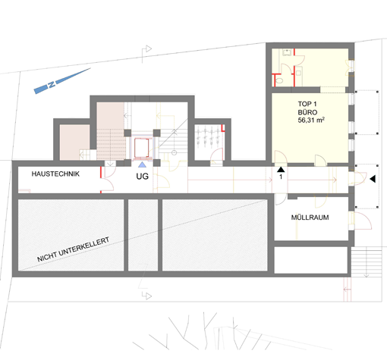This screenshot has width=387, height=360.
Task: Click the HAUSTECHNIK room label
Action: [x=55, y=174]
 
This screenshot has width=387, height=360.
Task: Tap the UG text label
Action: [x=142, y=177]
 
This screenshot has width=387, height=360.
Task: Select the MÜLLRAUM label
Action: [x=310, y=218]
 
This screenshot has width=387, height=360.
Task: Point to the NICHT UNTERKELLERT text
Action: [x=74, y=249]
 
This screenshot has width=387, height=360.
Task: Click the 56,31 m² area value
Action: [x=311, y=120]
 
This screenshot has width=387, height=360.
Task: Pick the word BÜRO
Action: [x=307, y=112]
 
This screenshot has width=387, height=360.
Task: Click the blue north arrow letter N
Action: [x=52, y=84]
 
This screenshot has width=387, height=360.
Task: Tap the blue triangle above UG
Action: [x=142, y=164]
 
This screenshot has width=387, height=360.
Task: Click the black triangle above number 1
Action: [x=281, y=169]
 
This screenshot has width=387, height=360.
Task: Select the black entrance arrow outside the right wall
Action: [x=373, y=179]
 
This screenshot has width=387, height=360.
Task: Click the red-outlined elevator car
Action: [x=141, y=148]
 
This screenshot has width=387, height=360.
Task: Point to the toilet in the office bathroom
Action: [x=279, y=80]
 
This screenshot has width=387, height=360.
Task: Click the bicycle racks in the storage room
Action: [x=208, y=136]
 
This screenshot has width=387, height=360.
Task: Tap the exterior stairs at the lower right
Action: [x=367, y=262]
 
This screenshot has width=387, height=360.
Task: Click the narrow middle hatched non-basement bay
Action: [x=143, y=235]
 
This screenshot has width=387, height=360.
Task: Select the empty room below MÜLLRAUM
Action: [x=311, y=260]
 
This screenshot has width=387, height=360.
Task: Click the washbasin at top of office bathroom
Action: [x=287, y=52]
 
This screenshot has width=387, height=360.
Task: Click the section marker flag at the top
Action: [x=146, y=52]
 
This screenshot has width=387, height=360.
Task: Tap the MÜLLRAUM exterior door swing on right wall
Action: [x=362, y=221]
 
